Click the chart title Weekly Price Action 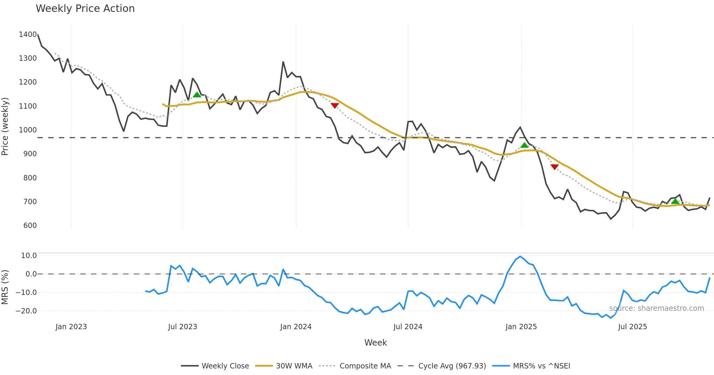point(85,9)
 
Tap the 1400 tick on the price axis point(28,35)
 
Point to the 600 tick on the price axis point(30,226)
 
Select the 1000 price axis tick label point(28,130)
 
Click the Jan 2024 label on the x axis point(296,327)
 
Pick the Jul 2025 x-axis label point(632,327)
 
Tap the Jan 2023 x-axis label point(71,327)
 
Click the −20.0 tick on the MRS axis point(26,311)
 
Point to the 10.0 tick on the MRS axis point(29,256)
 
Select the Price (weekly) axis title point(5,126)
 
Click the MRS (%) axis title point(5,287)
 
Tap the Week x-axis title point(375,343)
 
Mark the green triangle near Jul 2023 point(197,95)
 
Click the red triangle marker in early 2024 point(335,106)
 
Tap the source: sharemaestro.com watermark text point(656,308)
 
